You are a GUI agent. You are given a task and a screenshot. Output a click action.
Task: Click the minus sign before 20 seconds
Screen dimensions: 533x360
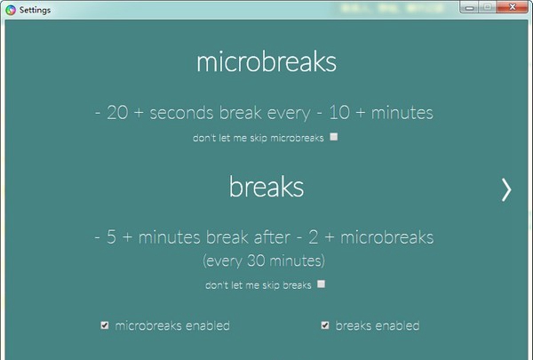point(98,113)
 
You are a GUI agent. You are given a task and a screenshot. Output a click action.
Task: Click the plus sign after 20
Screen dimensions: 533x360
point(139,113)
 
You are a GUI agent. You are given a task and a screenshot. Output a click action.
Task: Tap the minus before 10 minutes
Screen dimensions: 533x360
point(319,113)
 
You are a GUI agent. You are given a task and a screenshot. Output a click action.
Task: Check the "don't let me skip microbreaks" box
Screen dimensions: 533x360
point(334,137)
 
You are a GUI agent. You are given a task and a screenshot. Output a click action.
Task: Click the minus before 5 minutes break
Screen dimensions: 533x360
point(98,237)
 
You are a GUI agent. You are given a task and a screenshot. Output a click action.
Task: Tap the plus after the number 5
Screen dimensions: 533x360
point(127,237)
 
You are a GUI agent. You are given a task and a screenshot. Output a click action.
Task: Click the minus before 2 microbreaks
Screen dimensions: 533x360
point(299,237)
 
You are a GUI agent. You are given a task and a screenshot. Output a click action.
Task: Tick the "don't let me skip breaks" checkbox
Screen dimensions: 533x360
point(321,284)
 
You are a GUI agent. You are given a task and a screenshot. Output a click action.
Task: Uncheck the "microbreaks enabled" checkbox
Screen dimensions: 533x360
point(105,325)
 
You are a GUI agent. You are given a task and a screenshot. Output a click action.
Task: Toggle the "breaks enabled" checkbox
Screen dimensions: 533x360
point(325,325)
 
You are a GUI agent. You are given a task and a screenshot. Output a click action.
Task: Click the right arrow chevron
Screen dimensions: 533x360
point(506,190)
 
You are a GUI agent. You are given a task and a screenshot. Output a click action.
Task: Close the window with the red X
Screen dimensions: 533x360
point(513,7)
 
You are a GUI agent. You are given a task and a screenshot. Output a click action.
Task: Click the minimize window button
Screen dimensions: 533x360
point(469,7)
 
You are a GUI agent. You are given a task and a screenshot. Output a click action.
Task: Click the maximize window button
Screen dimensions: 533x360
point(488,7)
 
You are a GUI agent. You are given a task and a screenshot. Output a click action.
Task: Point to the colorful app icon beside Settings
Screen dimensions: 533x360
point(11,10)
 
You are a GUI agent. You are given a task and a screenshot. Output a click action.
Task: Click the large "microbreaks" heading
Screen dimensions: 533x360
point(266,61)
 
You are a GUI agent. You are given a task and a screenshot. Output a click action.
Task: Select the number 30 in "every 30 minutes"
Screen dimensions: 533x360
point(256,260)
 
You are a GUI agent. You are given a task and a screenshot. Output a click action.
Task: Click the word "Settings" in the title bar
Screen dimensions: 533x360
point(35,10)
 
